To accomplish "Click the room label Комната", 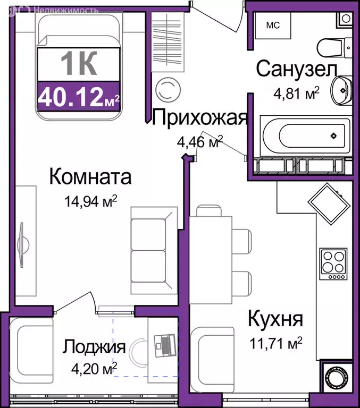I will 90,177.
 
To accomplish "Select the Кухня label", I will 275,320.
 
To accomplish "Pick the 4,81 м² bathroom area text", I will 295,94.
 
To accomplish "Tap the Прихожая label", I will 199,118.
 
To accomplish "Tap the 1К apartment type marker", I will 79,66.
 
